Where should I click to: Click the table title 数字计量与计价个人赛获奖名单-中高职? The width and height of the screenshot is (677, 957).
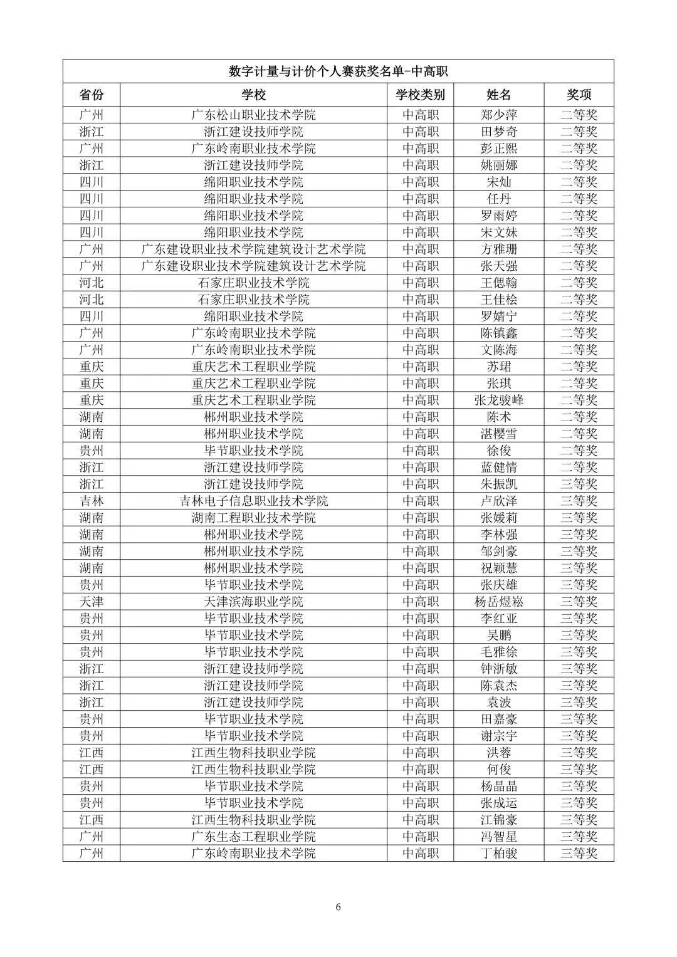[x=338, y=71]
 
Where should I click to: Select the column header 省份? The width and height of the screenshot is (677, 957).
[x=92, y=95]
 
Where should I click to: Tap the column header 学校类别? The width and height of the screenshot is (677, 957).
[x=420, y=95]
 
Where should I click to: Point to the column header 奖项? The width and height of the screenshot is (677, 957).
[x=579, y=95]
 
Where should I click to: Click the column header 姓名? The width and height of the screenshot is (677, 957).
[x=499, y=95]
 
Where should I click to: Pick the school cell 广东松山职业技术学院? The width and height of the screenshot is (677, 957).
[x=253, y=115]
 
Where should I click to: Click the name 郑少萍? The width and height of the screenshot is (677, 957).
[x=499, y=115]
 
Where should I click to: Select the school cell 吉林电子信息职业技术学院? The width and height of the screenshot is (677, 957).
[x=253, y=501]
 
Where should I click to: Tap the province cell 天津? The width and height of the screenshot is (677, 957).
[x=92, y=602]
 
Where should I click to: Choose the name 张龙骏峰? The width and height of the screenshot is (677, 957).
[x=499, y=400]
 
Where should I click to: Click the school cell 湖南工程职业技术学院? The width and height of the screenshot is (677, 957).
[x=253, y=518]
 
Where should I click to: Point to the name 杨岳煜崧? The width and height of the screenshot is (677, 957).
[x=499, y=602]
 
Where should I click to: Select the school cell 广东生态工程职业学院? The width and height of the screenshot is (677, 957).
[x=253, y=837]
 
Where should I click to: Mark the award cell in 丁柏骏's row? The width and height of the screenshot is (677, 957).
[x=579, y=854]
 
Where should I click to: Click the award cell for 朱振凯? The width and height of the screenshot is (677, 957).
[x=579, y=484]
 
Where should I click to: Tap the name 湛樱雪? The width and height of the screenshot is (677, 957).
[x=499, y=434]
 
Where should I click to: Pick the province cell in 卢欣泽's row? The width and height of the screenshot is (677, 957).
[x=92, y=501]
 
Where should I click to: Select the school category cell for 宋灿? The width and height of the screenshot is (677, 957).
[x=420, y=182]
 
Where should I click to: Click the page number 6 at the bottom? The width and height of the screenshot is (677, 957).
[x=338, y=907]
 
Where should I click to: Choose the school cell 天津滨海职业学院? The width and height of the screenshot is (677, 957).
[x=253, y=602]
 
